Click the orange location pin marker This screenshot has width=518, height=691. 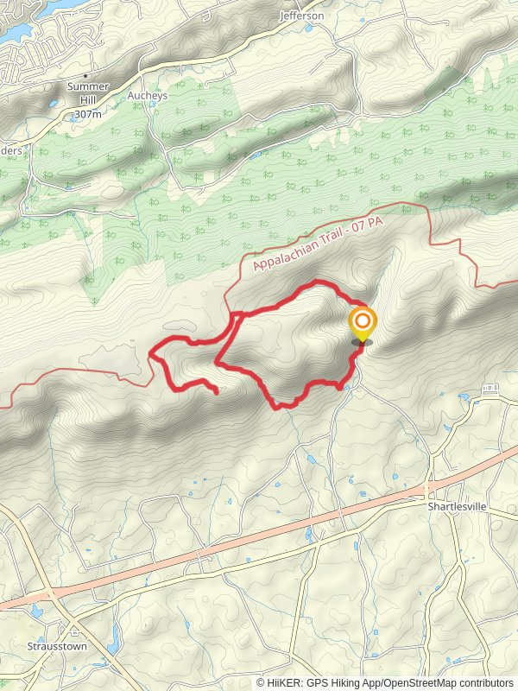click(363, 326)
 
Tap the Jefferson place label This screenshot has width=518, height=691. click(301, 16)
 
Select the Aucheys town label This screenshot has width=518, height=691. click(146, 96)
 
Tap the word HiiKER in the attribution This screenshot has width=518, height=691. click(284, 682)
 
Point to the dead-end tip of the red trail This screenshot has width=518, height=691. click(216, 392)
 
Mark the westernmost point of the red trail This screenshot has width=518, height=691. click(151, 352)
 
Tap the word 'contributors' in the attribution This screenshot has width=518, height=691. click(482, 682)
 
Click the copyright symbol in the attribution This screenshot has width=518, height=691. click(261, 682)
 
